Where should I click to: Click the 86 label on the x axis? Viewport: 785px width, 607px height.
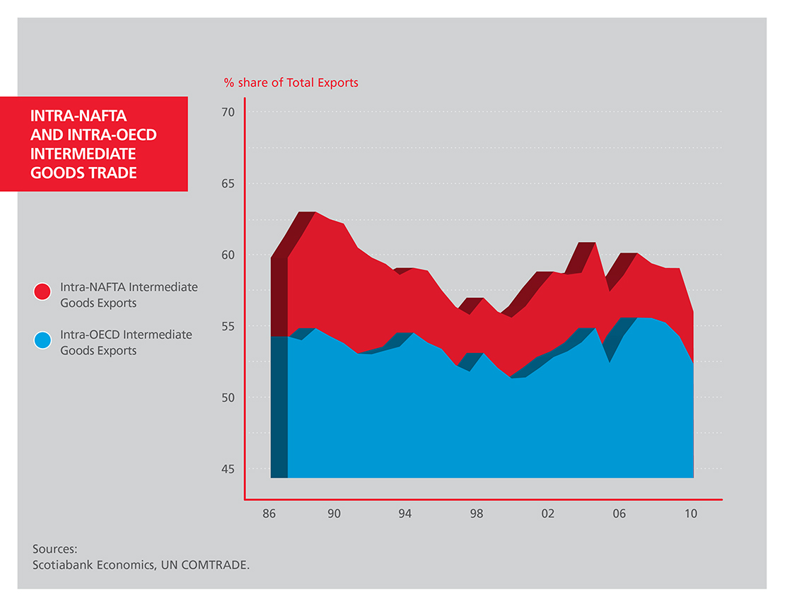[269, 514]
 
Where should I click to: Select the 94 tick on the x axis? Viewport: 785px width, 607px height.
[405, 514]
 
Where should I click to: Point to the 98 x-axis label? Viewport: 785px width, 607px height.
[477, 514]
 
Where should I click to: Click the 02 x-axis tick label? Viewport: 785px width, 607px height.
[547, 514]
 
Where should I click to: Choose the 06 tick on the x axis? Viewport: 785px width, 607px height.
[619, 514]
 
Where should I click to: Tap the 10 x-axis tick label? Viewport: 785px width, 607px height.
[690, 514]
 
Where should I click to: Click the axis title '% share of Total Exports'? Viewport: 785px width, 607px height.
[291, 83]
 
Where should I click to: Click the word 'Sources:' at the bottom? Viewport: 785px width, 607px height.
[54, 549]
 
